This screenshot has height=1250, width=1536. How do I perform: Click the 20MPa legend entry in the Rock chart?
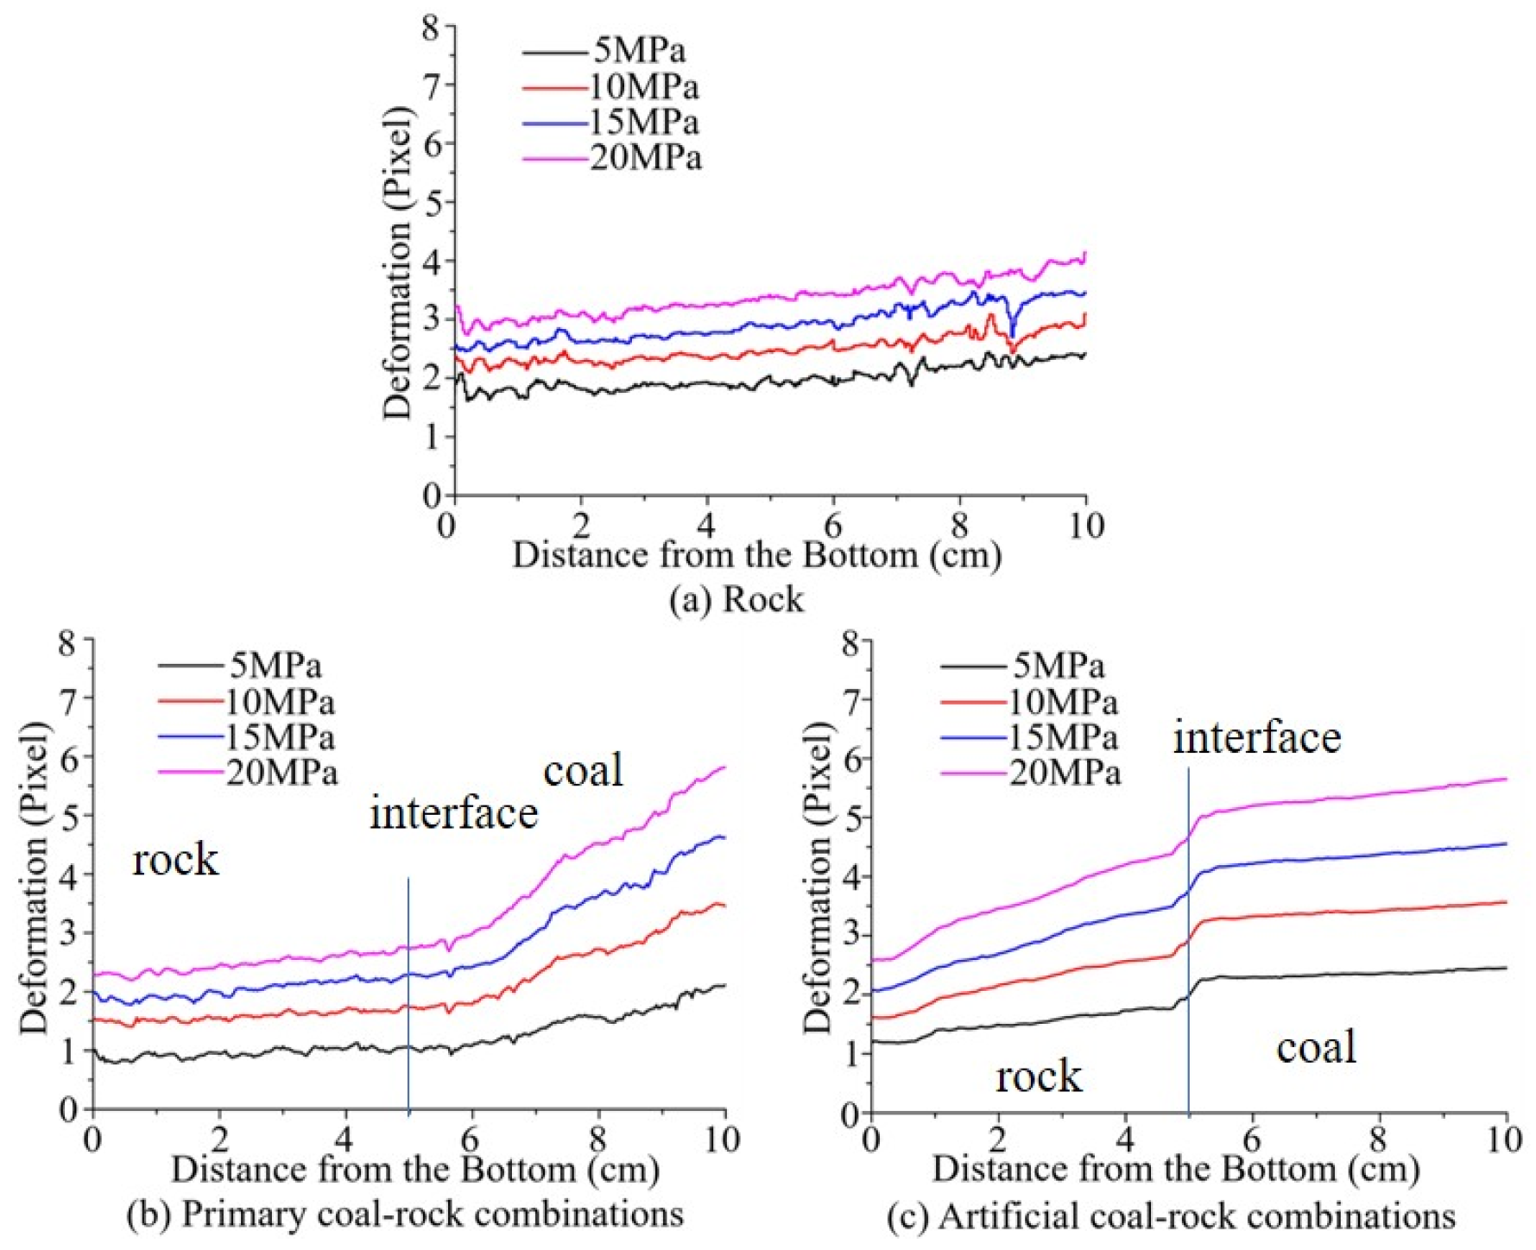click(x=612, y=158)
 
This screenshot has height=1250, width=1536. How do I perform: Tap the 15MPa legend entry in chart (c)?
click(x=1029, y=737)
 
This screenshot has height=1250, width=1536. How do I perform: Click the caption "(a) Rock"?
click(x=736, y=599)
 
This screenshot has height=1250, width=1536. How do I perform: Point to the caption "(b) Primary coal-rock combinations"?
click(x=405, y=1214)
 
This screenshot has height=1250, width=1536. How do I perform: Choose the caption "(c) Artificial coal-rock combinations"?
click(x=1172, y=1215)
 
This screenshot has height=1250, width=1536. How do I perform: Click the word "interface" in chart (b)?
click(x=454, y=813)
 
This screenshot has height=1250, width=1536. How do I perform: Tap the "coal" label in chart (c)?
click(x=1317, y=1047)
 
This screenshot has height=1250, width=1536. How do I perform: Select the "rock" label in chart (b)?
click(x=175, y=860)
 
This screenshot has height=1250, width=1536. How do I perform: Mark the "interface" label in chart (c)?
click(x=1257, y=737)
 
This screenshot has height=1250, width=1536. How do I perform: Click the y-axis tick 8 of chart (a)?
click(x=432, y=27)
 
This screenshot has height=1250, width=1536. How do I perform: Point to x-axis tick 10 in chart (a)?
click(x=1086, y=525)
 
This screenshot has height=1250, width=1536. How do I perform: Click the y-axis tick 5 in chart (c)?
click(x=851, y=817)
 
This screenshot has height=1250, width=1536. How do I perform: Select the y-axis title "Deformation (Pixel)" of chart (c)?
click(x=817, y=877)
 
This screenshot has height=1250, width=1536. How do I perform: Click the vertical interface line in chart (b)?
click(x=408, y=994)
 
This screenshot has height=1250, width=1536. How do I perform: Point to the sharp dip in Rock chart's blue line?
click(x=1012, y=331)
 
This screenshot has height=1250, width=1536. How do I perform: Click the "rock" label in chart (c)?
click(x=1039, y=1076)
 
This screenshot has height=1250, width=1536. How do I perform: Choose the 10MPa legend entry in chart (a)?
click(x=611, y=87)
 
